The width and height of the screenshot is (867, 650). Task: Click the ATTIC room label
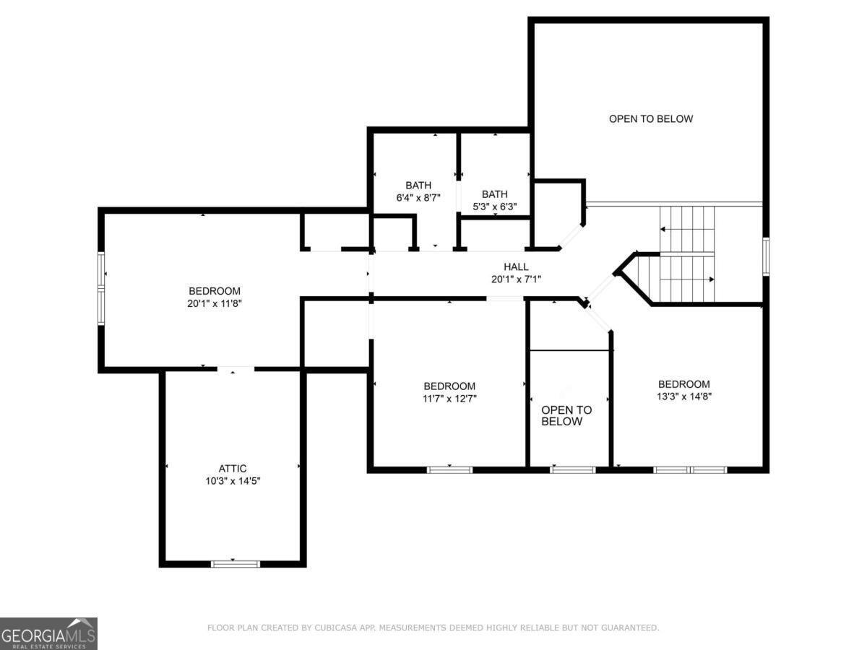point(233,469)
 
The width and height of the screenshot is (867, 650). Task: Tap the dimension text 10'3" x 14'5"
point(233,481)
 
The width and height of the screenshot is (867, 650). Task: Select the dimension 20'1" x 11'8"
point(214,304)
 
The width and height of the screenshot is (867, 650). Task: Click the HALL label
point(516,266)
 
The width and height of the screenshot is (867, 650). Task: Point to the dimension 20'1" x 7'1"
point(516,279)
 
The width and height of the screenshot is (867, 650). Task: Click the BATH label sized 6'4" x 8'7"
point(418,185)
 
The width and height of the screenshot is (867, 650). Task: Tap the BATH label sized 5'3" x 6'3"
point(495,194)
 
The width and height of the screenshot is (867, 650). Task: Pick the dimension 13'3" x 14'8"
point(683,396)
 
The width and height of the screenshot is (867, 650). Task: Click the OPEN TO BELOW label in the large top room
point(650,118)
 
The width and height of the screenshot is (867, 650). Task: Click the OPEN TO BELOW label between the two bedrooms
point(566,415)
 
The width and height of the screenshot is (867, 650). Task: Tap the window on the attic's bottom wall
point(235,563)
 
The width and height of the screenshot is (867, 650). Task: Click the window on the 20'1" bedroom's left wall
point(102,282)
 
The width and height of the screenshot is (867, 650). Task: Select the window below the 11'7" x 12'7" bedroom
point(449,469)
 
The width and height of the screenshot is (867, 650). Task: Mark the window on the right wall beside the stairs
point(766,256)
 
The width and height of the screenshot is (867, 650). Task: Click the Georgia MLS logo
point(48,633)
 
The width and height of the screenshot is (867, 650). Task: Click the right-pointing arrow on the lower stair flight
point(711,279)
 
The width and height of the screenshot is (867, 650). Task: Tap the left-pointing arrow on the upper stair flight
point(663,230)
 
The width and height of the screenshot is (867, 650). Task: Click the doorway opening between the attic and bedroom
point(236,369)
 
